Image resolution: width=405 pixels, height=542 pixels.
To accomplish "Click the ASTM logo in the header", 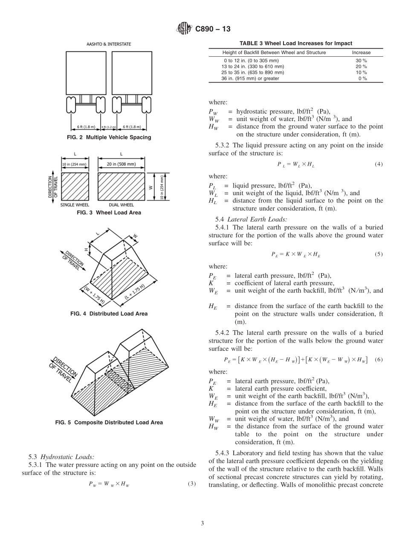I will pyautogui.click(x=184, y=29).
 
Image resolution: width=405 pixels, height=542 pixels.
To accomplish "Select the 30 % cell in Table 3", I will pyautogui.click(x=361, y=61).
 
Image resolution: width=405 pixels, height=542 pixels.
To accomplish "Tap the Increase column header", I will pyautogui.click(x=361, y=52).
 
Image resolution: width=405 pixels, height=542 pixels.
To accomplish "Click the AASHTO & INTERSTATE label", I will pyautogui.click(x=109, y=44).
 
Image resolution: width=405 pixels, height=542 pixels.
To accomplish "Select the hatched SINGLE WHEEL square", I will pyautogui.click(x=75, y=186).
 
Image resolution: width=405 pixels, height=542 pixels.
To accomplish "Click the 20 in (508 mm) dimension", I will pyautogui.click(x=121, y=164).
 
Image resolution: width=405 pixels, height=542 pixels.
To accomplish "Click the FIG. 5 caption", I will pyautogui.click(x=109, y=422).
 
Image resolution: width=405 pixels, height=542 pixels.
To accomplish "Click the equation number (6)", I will pyautogui.click(x=379, y=360).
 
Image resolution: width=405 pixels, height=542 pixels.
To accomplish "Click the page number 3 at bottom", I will pyautogui.click(x=202, y=523).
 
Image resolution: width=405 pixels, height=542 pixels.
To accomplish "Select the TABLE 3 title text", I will pyautogui.click(x=296, y=43).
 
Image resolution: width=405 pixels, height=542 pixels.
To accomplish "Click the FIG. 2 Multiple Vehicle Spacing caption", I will pyautogui.click(x=109, y=137).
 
